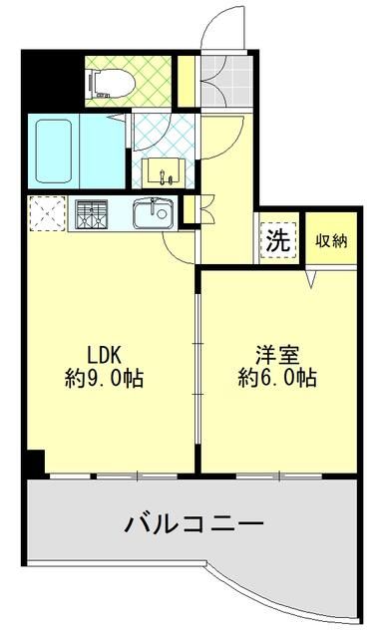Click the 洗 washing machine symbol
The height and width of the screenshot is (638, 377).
click(278, 240)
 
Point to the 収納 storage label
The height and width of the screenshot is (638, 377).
click(331, 239)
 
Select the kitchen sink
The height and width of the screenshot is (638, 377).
click(154, 212)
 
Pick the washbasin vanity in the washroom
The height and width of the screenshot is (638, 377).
click(166, 172)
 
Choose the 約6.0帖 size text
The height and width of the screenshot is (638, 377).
click(277, 379)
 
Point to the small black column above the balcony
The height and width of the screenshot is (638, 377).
click(37, 464)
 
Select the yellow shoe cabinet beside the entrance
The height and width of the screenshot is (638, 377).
click(186, 81)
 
